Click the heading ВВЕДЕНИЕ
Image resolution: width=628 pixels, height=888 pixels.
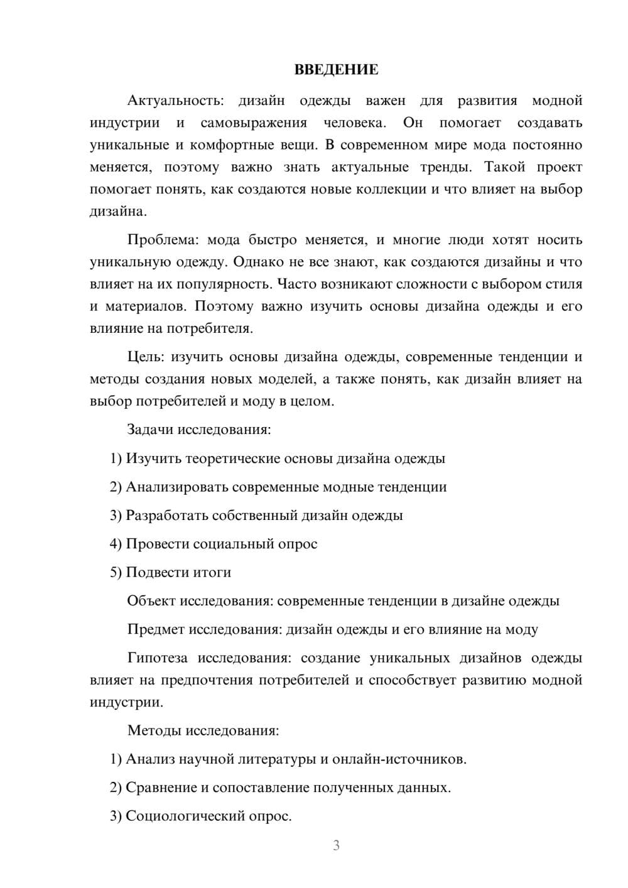click(336, 70)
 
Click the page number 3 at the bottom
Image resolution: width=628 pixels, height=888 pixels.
click(336, 845)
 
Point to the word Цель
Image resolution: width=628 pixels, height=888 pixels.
click(145, 357)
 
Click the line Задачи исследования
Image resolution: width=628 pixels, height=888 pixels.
click(199, 430)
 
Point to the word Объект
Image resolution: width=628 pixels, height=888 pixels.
click(151, 601)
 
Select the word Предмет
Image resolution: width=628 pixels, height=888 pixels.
click(156, 629)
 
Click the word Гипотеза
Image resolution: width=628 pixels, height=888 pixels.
click(157, 658)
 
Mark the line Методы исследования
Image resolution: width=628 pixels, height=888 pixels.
click(203, 730)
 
